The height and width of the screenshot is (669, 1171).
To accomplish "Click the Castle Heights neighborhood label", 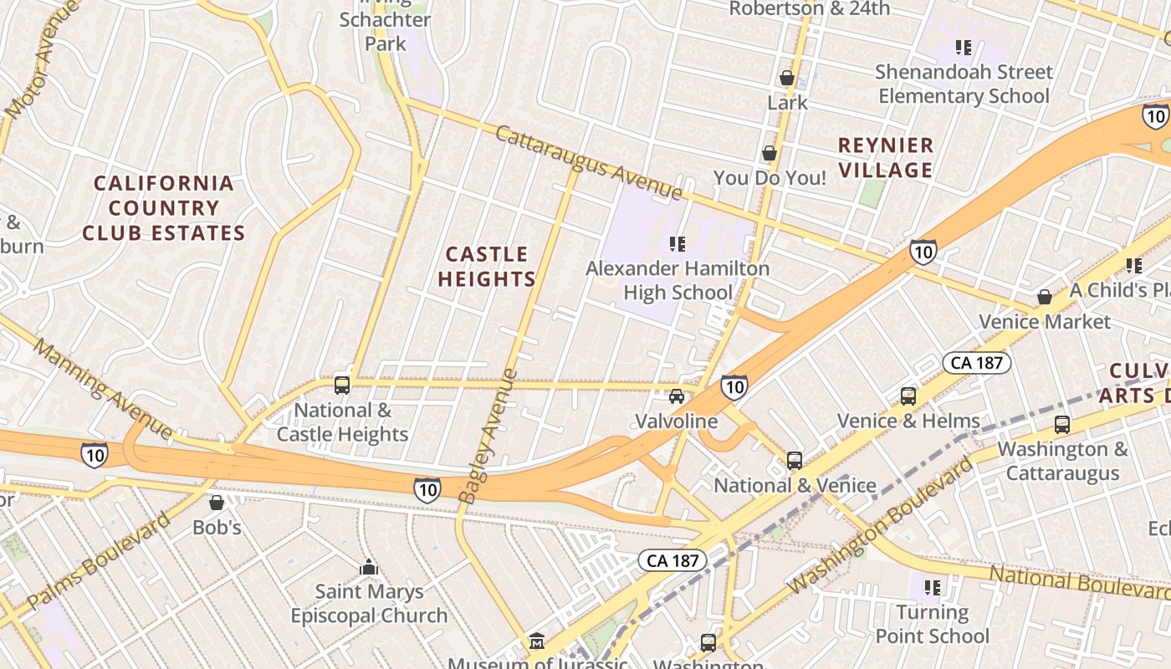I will click(x=486, y=267).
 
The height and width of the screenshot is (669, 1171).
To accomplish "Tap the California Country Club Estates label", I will click(x=163, y=208).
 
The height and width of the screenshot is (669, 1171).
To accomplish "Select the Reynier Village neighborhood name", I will click(x=885, y=158).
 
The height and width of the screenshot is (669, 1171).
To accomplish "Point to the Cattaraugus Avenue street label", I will click(x=589, y=163).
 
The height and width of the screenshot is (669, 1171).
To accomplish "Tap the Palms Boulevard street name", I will click(x=99, y=561).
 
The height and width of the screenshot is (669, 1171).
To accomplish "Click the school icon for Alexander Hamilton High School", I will click(x=678, y=244).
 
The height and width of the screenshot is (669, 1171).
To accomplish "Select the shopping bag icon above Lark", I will click(x=787, y=78).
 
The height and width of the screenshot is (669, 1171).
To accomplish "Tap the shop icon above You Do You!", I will click(x=770, y=154).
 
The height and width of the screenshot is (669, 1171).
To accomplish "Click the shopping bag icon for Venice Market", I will click(x=1045, y=297).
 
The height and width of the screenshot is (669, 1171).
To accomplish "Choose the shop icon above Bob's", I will click(x=217, y=503).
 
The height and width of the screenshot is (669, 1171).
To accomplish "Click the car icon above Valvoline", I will click(x=677, y=396).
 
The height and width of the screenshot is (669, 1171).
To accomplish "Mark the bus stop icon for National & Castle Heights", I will click(x=342, y=385).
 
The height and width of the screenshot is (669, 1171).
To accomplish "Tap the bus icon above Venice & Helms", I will click(x=908, y=396).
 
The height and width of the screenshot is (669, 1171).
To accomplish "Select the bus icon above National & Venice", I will click(x=795, y=461).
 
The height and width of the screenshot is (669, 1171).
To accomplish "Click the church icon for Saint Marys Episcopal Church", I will click(x=369, y=568).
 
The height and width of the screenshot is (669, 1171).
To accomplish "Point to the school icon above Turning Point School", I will click(x=933, y=588).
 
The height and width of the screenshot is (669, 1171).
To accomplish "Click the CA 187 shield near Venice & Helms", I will click(x=977, y=363).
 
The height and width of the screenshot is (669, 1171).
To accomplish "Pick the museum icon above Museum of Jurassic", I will click(x=537, y=642).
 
